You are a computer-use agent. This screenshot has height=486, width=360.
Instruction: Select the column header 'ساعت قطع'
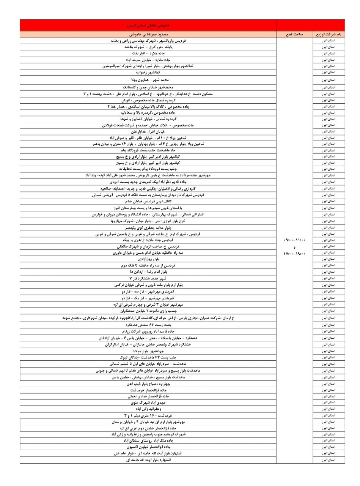point(294,34)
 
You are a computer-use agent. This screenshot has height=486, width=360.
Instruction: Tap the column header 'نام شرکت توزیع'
point(329,34)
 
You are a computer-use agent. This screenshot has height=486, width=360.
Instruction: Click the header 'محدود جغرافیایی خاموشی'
point(148,34)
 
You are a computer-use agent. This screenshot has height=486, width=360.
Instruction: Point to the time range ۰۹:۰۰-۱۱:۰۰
point(294,240)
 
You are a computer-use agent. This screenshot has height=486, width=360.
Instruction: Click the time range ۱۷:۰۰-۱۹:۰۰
point(294,254)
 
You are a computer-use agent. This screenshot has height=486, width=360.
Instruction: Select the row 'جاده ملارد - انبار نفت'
point(148,54)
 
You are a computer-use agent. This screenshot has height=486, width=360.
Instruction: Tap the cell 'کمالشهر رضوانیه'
point(148,72)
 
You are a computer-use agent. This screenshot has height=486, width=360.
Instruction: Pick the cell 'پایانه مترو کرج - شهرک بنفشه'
point(148,47)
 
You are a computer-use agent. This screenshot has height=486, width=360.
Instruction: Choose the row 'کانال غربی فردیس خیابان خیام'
point(148,201)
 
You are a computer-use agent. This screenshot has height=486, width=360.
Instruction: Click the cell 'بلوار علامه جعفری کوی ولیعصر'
point(148,227)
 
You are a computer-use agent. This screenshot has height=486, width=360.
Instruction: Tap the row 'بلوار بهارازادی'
point(148,259)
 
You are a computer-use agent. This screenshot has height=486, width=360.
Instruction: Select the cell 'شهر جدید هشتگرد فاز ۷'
point(148,278)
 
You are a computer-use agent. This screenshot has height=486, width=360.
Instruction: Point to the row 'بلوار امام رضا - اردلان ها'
point(148,272)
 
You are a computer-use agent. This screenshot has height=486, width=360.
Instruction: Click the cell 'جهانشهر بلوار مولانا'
point(148,351)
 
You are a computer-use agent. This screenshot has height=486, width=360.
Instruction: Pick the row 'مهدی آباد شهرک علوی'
point(148,402)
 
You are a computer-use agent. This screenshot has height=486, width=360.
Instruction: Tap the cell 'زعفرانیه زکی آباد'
point(148,409)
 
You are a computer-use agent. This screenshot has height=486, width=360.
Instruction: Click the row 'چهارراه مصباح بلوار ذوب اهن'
point(148,384)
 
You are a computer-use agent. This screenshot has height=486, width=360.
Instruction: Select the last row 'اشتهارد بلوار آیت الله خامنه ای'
point(148,460)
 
